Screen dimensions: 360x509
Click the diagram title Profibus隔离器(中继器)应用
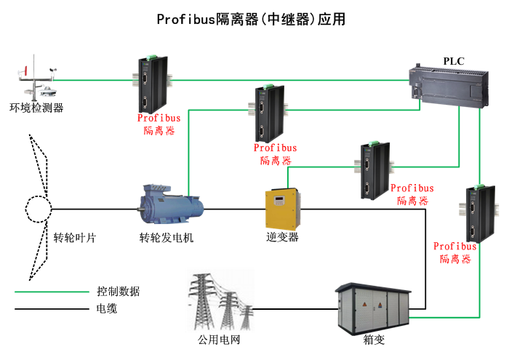pyautogui.click(x=251, y=20)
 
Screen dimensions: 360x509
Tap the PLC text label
pyautogui.click(x=454, y=61)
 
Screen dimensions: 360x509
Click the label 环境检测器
pyautogui.click(x=36, y=108)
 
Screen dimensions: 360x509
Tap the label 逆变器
pyautogui.click(x=282, y=237)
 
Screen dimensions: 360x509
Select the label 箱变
pyautogui.click(x=373, y=338)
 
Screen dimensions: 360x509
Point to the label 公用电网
pyautogui.click(x=219, y=339)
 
